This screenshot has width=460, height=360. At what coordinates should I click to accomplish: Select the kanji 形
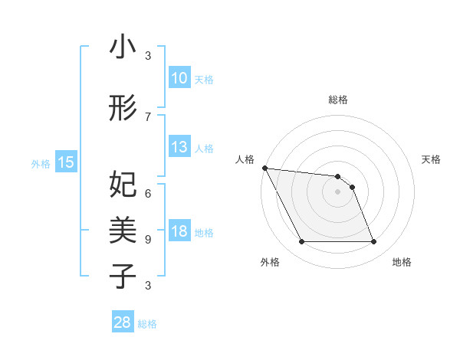[x=123, y=109]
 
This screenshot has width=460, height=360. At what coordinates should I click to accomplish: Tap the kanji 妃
[x=123, y=185]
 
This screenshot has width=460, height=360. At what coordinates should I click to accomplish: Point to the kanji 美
[x=123, y=229]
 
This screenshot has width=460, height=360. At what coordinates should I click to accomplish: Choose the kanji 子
[x=123, y=275]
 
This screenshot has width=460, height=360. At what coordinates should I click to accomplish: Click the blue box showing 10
[x=179, y=78]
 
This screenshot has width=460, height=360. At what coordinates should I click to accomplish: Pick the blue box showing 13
[x=179, y=147]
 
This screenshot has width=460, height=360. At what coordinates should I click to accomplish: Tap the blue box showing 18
[x=179, y=231]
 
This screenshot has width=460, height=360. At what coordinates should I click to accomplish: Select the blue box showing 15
[x=65, y=162]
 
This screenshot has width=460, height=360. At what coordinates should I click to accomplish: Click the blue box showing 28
[x=122, y=322]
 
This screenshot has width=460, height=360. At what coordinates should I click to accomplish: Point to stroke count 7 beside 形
[x=148, y=116]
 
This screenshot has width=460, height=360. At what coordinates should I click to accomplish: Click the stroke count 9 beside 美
[x=148, y=239]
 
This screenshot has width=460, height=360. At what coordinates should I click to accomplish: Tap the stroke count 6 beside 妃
[x=148, y=193]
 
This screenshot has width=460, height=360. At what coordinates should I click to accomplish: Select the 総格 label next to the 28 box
[x=147, y=324]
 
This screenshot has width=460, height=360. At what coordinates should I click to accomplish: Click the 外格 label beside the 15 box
[x=41, y=163]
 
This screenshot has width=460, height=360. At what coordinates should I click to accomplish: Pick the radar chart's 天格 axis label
[x=432, y=159]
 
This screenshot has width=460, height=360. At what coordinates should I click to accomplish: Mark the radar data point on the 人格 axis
[x=264, y=168]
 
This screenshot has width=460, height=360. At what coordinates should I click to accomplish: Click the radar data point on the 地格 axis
[x=374, y=242]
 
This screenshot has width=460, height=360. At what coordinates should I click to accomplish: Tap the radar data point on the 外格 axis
[x=301, y=242]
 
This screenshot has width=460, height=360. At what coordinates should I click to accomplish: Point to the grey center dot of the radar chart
[x=338, y=191]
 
